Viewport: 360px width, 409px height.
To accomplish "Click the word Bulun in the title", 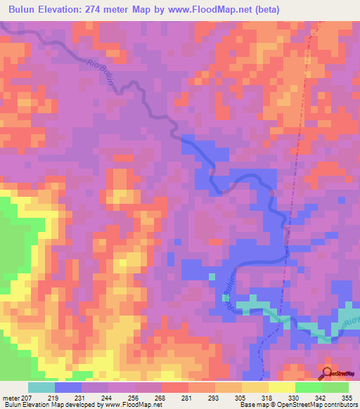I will [25, 10].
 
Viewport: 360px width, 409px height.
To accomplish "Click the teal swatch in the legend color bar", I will [41, 387].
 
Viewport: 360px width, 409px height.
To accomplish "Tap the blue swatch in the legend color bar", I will [68, 387].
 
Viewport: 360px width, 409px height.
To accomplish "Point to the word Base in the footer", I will [245, 405].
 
